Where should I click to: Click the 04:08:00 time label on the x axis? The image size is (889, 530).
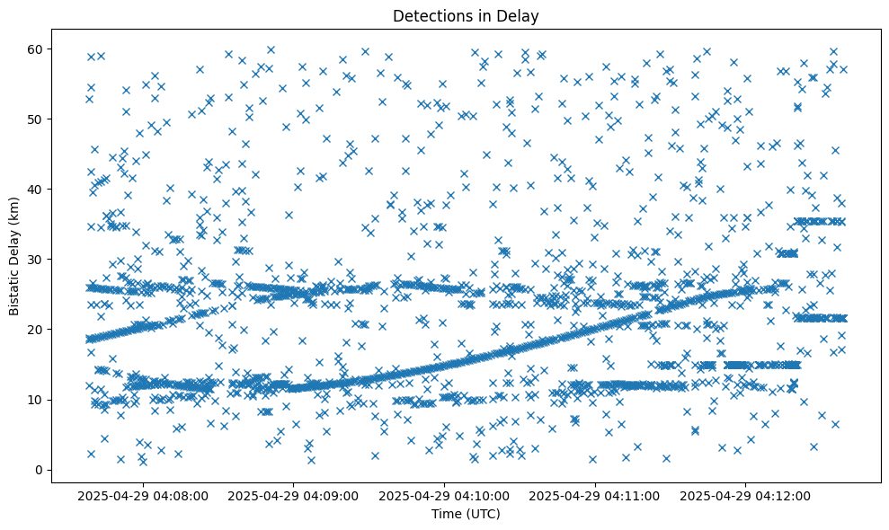143,495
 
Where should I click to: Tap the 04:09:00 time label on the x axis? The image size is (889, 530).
294,495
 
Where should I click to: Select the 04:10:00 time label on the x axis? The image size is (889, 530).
445,495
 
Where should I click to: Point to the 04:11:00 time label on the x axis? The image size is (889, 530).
595,495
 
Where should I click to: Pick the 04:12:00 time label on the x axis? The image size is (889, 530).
746,495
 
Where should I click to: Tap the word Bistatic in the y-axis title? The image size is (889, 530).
14,293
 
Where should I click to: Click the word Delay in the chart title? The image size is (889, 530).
520,15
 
